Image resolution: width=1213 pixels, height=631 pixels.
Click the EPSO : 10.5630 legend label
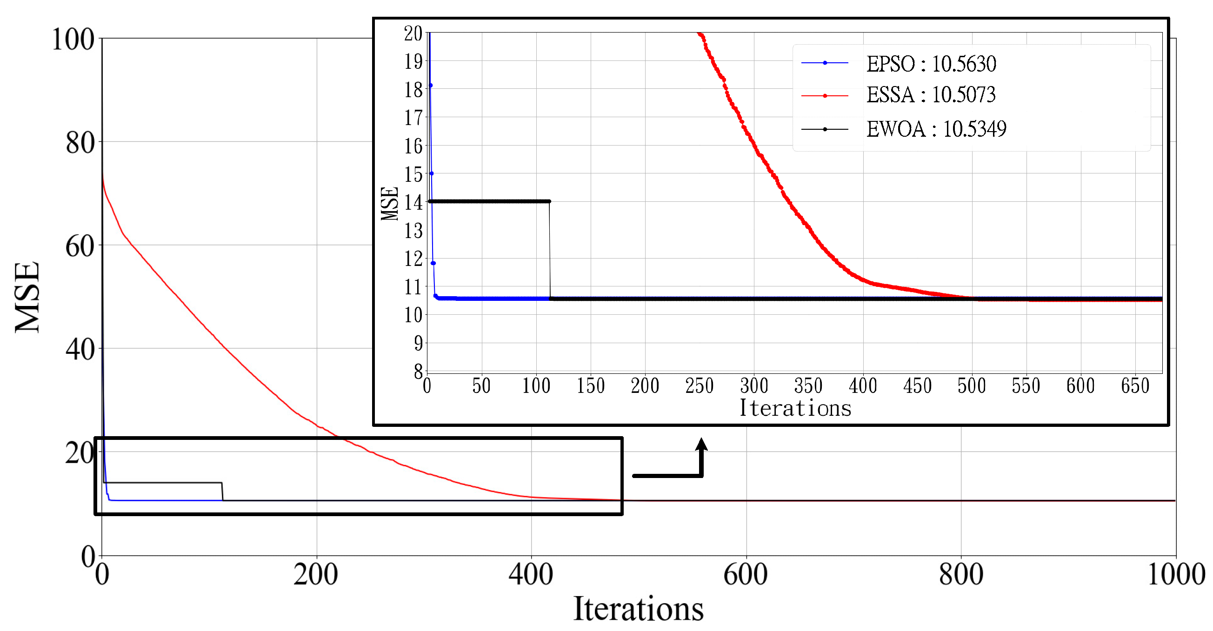click(931, 64)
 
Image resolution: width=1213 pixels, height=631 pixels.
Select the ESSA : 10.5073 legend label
click(931, 95)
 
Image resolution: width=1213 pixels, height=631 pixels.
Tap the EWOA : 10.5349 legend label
click(936, 128)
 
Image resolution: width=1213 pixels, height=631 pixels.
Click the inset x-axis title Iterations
click(795, 408)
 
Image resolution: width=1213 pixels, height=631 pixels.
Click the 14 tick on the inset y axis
click(413, 202)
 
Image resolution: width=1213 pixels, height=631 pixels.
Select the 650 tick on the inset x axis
click(1135, 386)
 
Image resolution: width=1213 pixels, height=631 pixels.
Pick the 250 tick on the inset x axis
click(699, 386)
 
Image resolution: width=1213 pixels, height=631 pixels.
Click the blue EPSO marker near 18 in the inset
click(430, 86)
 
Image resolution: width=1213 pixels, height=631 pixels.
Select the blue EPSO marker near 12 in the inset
click(433, 263)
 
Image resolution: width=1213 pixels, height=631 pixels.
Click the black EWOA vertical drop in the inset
click(549, 250)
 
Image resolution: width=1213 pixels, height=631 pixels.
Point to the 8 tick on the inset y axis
click(418, 372)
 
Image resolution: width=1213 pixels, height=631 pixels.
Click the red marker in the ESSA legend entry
click(825, 96)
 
